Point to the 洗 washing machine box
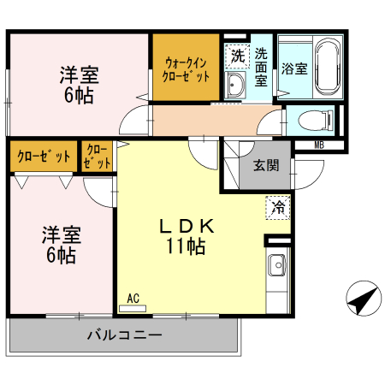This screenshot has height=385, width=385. pos(237,56)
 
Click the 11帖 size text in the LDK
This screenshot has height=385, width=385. pos(187,248)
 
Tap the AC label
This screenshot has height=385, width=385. pos(133,298)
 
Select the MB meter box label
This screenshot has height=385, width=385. pos(319,145)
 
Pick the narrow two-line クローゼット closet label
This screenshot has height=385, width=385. pos(98,157)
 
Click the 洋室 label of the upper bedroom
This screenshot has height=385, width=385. pos(80,74)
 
